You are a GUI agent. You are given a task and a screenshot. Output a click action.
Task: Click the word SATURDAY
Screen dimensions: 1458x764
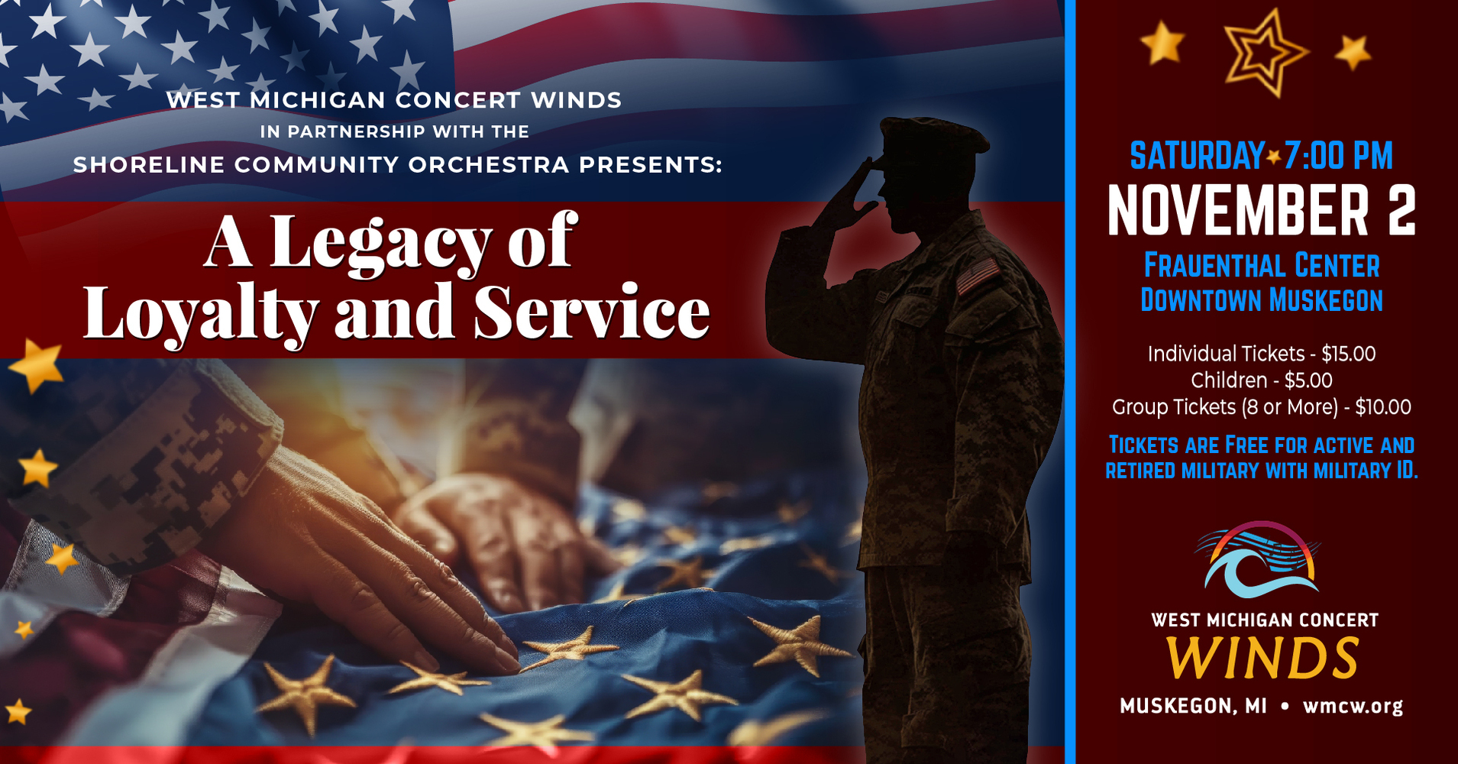1197,156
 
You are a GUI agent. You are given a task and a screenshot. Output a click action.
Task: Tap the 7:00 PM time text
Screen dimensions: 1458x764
1338,156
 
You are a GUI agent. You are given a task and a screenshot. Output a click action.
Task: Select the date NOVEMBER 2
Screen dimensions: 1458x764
1262,211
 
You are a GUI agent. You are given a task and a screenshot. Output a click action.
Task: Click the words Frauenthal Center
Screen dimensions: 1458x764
1262,266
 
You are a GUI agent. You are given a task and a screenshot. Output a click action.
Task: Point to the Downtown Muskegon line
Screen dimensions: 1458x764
1262,300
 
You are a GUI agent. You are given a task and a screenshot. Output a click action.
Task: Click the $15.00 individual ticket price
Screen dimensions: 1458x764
1349,354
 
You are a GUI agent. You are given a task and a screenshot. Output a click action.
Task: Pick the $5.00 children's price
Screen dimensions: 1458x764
1308,380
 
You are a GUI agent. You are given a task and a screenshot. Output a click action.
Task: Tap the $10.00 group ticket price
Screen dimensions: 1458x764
1383,407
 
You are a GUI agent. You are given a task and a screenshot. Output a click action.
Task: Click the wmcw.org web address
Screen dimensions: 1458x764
1353,706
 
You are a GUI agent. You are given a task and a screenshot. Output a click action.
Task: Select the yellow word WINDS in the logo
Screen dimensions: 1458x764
1262,659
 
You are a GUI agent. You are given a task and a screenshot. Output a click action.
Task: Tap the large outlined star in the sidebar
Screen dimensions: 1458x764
1265,52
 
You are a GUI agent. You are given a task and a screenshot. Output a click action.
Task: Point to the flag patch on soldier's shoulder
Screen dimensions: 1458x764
978,276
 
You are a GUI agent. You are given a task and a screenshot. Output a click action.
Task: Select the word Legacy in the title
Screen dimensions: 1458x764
380,243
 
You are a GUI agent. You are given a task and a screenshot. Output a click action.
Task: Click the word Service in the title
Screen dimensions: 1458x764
592,312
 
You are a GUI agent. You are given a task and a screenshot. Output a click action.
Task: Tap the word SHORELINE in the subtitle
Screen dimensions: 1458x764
149,165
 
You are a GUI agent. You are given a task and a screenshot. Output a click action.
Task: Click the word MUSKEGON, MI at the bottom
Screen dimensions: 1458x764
1193,706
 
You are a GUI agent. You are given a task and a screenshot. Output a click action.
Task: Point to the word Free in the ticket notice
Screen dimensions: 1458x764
1246,445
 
